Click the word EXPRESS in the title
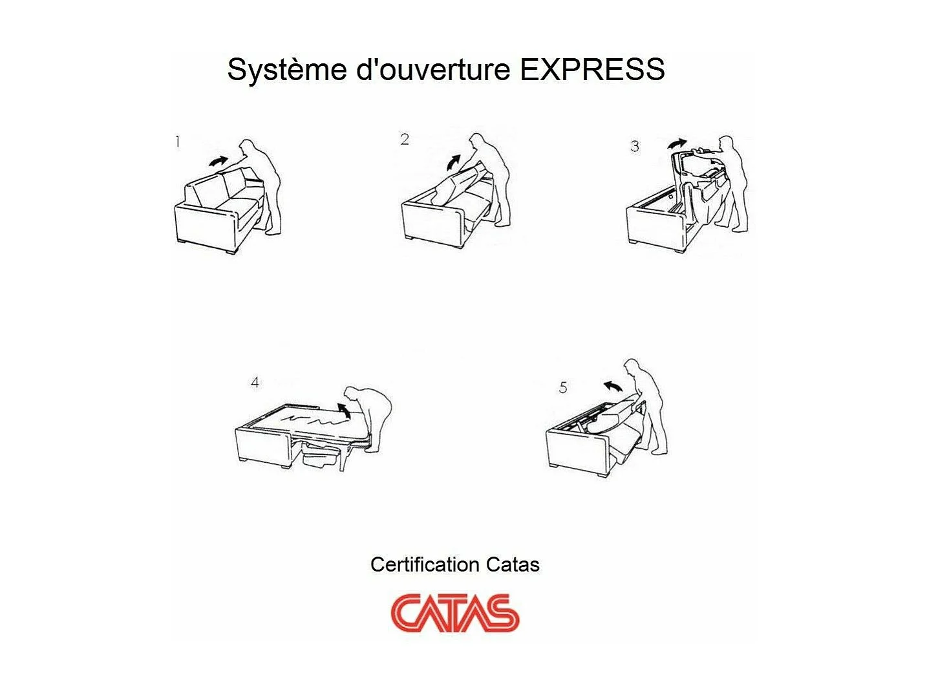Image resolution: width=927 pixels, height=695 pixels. [592, 69]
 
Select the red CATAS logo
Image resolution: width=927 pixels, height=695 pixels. [454, 612]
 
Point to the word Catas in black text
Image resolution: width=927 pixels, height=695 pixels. [513, 564]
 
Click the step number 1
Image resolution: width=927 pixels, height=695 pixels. [177, 142]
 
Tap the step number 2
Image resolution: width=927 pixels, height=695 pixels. [405, 139]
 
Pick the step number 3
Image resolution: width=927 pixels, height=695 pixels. [635, 147]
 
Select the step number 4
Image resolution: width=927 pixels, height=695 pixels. [255, 383]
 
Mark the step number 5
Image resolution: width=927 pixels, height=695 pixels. [563, 387]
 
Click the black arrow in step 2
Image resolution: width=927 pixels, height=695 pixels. [454, 162]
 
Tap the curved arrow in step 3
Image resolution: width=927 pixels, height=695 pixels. [677, 143]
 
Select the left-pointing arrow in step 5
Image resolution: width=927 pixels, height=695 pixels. [613, 386]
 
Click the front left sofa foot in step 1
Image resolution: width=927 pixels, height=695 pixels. [181, 242]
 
